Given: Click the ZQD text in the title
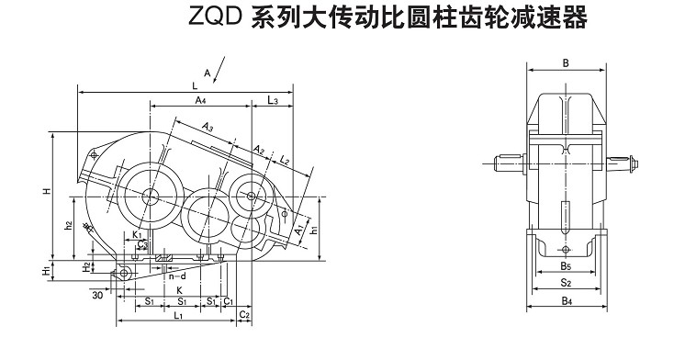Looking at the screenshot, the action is click(x=215, y=17).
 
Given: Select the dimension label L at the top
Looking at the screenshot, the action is click(x=195, y=85).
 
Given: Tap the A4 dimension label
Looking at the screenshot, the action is click(x=200, y=100).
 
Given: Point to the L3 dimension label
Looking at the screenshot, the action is click(x=273, y=100).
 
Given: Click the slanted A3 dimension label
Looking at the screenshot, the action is click(x=208, y=127).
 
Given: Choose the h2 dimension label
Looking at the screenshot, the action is click(x=68, y=226).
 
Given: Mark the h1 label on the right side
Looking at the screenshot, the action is click(x=313, y=230).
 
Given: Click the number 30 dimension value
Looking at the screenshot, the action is click(x=97, y=296).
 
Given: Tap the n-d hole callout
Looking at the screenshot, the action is click(x=177, y=276).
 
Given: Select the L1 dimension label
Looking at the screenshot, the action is click(x=178, y=315).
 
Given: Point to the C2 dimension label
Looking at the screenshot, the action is click(x=244, y=315).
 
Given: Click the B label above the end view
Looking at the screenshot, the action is click(x=566, y=63).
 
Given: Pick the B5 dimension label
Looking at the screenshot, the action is click(x=566, y=265).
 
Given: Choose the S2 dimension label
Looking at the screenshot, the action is click(x=566, y=283).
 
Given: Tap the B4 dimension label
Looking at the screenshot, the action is click(x=567, y=300).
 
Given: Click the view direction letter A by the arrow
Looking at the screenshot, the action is click(x=208, y=73).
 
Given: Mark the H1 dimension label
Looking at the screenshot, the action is click(x=46, y=271).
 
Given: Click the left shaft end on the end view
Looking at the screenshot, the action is click(x=510, y=163).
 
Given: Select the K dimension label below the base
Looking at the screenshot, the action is click(x=179, y=290).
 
